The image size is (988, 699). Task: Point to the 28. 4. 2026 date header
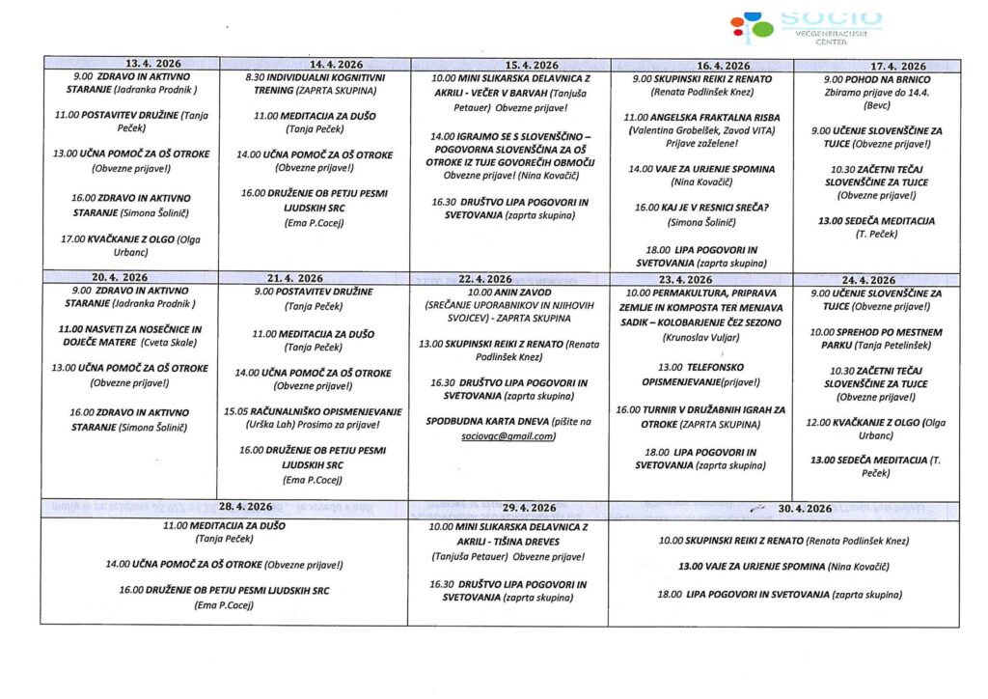[x=245, y=507]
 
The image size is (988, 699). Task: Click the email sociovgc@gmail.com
[x=508, y=436]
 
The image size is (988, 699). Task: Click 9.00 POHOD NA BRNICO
[x=876, y=78]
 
